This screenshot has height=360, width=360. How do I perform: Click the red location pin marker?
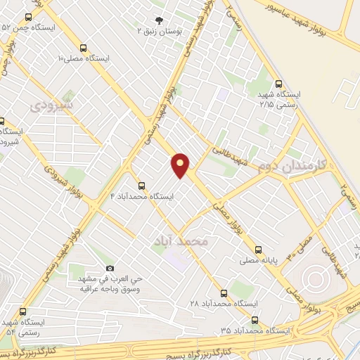pyautogui.click(x=181, y=165)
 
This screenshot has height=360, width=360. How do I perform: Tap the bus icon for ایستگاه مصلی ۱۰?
pyautogui.click(x=84, y=49)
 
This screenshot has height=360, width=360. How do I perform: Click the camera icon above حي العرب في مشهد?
pyautogui.click(x=110, y=269)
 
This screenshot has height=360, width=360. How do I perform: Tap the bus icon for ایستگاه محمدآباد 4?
pyautogui.click(x=141, y=186)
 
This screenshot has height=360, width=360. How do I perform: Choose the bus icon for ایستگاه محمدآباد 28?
pyautogui.click(x=224, y=292)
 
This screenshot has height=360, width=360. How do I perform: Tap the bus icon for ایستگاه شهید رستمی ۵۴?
pyautogui.click(x=24, y=311)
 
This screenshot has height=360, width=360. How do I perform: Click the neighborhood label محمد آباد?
pyautogui.click(x=181, y=241)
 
